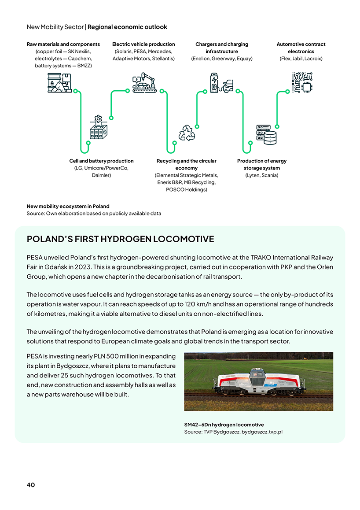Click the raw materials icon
click(59, 83)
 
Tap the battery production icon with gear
click(98, 129)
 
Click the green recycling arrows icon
click(187, 133)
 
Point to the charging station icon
click(221, 83)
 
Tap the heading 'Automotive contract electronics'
click(301, 48)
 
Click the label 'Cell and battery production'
click(101, 161)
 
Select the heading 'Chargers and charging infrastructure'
click(222, 48)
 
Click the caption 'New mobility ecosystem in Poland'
click(68, 206)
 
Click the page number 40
click(31, 485)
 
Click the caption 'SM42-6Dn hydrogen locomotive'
click(224, 425)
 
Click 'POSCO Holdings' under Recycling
click(186, 189)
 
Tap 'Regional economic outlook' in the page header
click(127, 27)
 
